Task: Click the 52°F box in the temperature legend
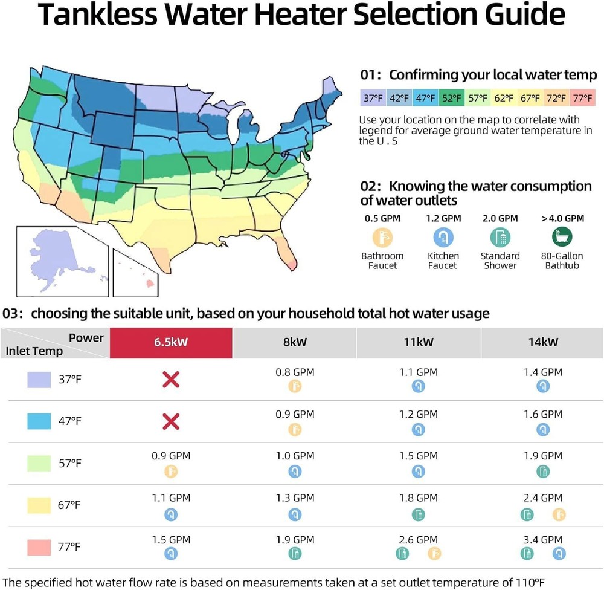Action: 451,97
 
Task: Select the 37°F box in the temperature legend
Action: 372,97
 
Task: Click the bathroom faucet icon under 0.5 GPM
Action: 382,237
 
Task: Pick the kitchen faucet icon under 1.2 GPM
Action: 443,237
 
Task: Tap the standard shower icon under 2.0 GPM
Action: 500,237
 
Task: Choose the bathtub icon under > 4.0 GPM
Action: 562,236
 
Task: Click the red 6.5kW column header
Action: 171,342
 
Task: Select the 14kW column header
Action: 542,342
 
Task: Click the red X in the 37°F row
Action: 171,380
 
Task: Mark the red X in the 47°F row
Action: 171,421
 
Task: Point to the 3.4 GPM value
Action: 542,539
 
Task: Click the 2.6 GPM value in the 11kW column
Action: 418,539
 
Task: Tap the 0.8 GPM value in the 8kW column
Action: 295,372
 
